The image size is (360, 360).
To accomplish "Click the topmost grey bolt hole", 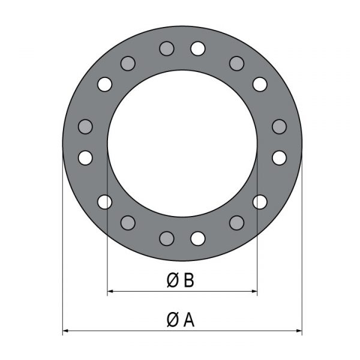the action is click(167, 49).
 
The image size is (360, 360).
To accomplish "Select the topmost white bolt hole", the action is click(197, 49).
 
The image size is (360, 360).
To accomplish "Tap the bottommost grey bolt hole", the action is click(167, 239).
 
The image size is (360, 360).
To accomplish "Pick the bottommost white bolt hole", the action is click(197, 239).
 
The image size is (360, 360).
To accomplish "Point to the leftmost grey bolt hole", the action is click(85, 127).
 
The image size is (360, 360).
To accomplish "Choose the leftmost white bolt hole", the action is click(85, 158).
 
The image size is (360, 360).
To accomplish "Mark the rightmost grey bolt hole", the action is click(279, 127).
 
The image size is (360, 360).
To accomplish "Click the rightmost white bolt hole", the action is click(279, 158).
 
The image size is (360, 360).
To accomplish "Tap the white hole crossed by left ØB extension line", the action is click(104, 202).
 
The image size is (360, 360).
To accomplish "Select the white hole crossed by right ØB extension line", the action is click(260, 202).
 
